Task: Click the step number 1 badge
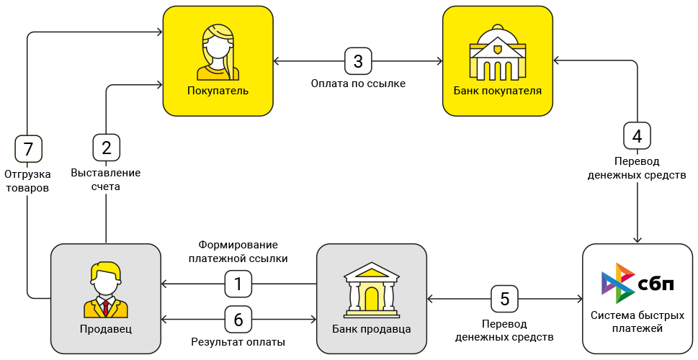point(238,284)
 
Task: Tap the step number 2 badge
point(107,148)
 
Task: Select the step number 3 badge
point(358,61)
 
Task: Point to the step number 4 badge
point(637,135)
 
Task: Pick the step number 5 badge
point(504,298)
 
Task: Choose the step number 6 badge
point(238,319)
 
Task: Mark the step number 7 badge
point(28,150)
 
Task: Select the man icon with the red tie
point(106,290)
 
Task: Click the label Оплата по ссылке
point(358,84)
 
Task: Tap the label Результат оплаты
point(238,342)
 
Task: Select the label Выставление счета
point(107,179)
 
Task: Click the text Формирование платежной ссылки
point(238,251)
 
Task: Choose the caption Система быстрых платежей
point(637,322)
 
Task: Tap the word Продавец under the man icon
point(106,329)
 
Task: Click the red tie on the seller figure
point(106,308)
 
